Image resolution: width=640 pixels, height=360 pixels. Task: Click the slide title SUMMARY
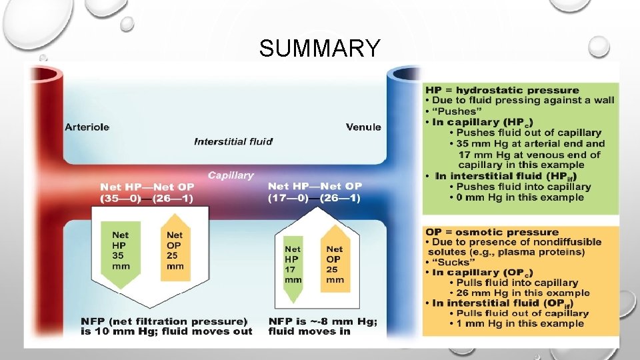[320, 49]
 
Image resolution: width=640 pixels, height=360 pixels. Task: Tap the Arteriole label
[87, 127]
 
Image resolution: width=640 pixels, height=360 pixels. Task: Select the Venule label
[363, 127]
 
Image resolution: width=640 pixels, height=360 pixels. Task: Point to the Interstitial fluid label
[233, 141]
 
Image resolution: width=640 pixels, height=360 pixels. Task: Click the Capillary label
[231, 175]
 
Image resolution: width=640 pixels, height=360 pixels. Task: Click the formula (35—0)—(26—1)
[147, 199]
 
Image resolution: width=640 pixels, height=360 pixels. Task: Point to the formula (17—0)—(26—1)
[315, 197]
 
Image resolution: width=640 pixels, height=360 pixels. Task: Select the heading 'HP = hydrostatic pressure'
[502, 90]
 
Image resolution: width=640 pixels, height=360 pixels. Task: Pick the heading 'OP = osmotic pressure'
[492, 232]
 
